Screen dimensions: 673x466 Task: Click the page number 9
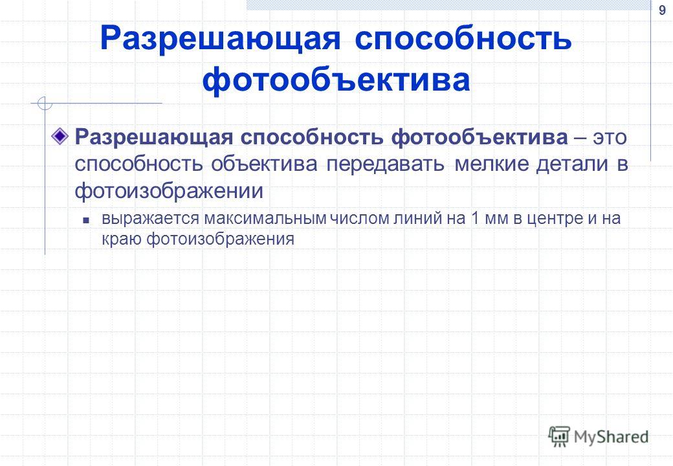(662, 10)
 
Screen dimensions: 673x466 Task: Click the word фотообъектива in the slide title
(336, 80)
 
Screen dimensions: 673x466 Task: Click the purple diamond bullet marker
(60, 137)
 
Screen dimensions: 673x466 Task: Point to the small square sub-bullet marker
(86, 221)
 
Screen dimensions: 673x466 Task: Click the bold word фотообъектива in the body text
(480, 137)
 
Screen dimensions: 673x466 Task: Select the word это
(610, 138)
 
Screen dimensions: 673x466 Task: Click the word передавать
(386, 164)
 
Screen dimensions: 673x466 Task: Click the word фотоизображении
(169, 191)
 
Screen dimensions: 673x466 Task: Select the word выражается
(151, 218)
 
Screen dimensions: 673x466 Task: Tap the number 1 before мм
(475, 218)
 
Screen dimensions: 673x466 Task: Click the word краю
(122, 239)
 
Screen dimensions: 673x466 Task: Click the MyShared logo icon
(559, 436)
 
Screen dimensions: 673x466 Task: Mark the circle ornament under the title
(45, 104)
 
